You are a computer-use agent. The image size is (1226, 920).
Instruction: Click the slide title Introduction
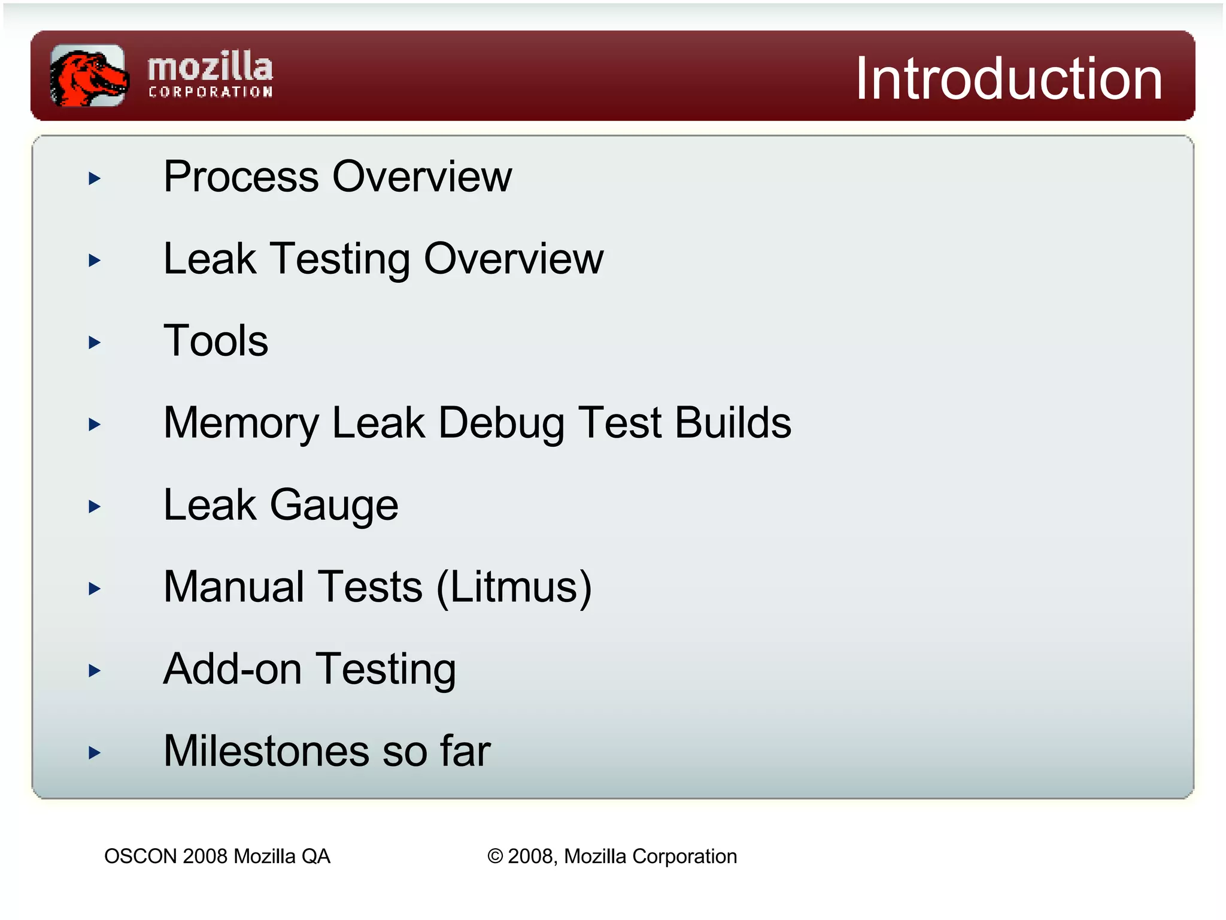[x=1009, y=78]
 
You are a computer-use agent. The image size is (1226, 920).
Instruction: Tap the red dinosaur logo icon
[x=89, y=76]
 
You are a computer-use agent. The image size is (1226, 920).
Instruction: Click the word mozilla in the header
[x=210, y=67]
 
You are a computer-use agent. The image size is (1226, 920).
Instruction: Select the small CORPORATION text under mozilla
[x=211, y=92]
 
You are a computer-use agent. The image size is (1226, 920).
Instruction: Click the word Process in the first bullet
[x=241, y=177]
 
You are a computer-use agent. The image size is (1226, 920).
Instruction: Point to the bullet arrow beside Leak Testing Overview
[x=95, y=260]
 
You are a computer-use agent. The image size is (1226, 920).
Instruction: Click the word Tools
[x=216, y=341]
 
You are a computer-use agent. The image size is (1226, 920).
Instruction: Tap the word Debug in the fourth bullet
[x=501, y=423]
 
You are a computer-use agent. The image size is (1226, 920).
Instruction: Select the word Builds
[x=733, y=423]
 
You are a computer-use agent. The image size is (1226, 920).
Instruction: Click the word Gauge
[x=334, y=506]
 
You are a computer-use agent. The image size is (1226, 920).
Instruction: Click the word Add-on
[x=232, y=669]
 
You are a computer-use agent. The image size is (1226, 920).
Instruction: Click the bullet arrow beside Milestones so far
[x=95, y=752]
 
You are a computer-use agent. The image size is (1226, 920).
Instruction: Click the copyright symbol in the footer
[x=495, y=857]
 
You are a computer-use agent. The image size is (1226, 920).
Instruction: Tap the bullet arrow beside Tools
[x=95, y=342]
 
